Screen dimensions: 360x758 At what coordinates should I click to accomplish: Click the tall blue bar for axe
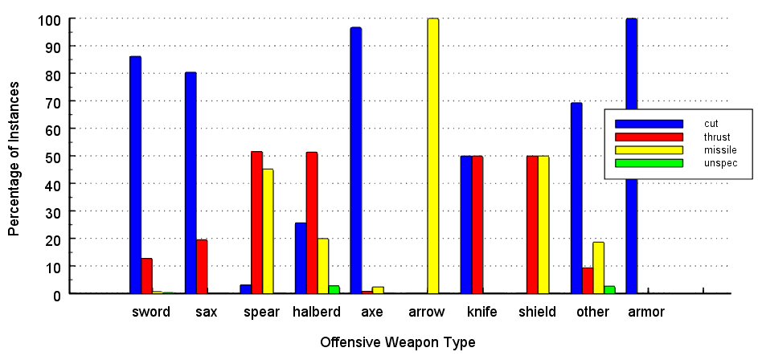coord(355,161)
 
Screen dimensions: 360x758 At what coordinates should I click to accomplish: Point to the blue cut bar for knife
coord(466,225)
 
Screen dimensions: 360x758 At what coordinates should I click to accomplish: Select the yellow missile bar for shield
coord(543,225)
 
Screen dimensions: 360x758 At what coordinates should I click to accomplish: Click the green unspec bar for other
coord(609,289)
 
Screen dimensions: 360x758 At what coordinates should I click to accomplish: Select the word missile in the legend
coord(719,149)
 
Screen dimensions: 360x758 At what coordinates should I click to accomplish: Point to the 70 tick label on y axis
coord(51,101)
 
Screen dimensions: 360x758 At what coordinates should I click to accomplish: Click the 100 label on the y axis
coord(47,18)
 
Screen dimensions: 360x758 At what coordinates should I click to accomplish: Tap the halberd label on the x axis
coord(317,312)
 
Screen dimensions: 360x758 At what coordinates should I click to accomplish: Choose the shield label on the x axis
coord(537,312)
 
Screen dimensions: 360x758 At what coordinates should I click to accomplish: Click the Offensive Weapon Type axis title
coord(397,342)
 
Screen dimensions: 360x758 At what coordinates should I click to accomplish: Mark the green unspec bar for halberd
coord(334,289)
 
